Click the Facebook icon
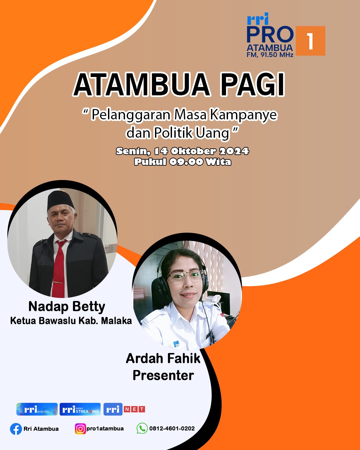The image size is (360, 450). tap(16, 429)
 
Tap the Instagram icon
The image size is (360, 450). tap(80, 429)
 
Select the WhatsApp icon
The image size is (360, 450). tap(142, 428)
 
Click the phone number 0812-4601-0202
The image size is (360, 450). tap(172, 428)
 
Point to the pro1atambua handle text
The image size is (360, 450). tap(105, 429)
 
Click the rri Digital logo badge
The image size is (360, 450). tap(37, 409)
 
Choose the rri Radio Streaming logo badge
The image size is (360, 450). tap(80, 409)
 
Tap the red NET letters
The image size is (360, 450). tap(135, 409)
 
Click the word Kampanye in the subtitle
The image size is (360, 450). tap(243, 115)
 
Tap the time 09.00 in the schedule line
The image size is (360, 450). tap(186, 162)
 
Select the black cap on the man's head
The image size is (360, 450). tap(60, 200)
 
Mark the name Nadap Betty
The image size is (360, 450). tap(67, 307)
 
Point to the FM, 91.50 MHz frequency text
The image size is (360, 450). tap(270, 55)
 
